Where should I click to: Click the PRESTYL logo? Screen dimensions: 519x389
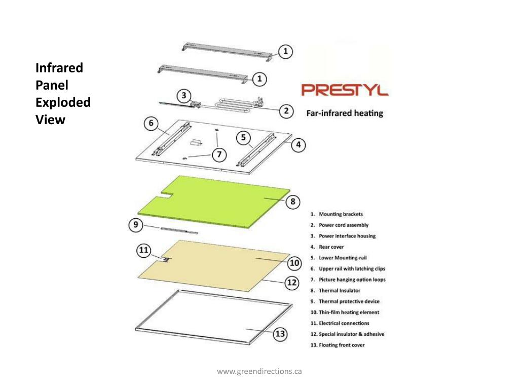tap(345, 90)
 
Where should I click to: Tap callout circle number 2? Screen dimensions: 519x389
tap(286, 110)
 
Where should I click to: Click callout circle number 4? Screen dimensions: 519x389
tap(299, 145)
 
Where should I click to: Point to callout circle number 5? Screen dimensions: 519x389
tap(243, 137)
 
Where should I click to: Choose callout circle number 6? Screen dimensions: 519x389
tap(151, 123)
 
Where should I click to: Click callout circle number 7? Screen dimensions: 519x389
tap(218, 154)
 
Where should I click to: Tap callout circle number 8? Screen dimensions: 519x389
tap(293, 202)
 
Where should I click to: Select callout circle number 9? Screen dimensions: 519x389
tap(135, 225)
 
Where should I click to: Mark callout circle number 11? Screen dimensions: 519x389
tap(144, 250)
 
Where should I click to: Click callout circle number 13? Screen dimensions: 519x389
tap(280, 333)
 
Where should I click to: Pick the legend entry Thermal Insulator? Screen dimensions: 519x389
tap(339, 291)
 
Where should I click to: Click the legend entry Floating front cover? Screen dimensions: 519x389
tap(341, 345)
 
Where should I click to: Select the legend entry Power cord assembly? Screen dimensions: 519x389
tap(343, 225)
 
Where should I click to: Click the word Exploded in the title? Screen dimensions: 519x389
tap(63, 102)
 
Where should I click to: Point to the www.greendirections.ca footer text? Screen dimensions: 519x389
tap(259, 371)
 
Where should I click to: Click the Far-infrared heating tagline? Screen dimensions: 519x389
tap(345, 113)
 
